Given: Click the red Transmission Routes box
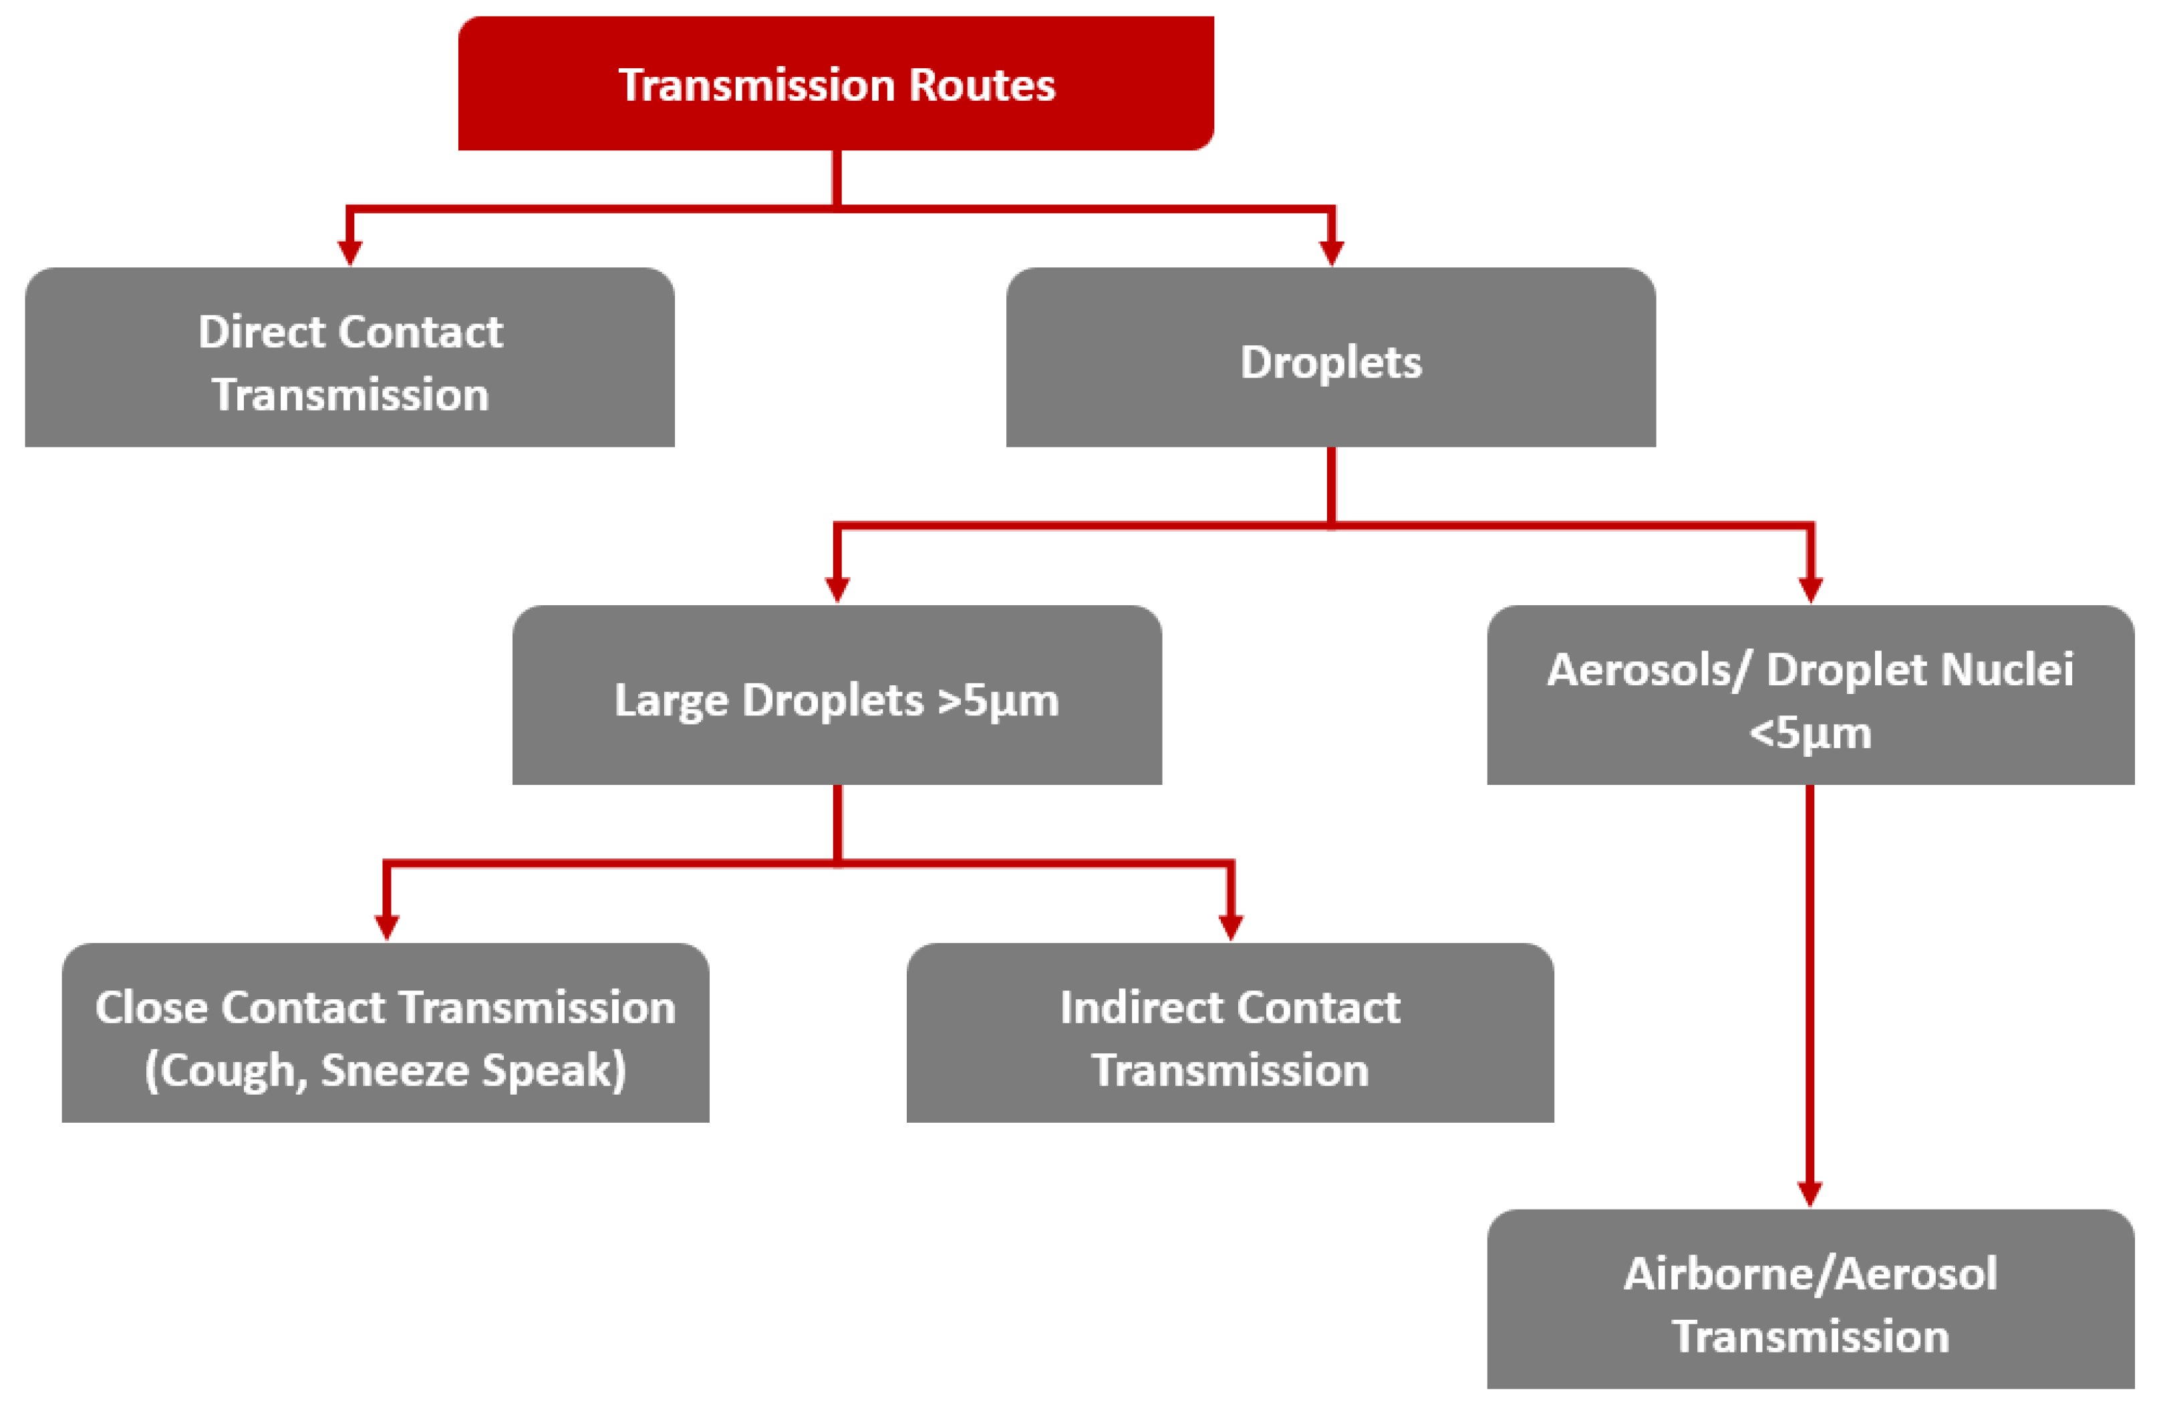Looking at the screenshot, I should tap(836, 83).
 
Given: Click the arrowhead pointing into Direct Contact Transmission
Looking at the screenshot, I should tap(350, 252).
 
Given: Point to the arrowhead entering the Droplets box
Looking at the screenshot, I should tap(1330, 252).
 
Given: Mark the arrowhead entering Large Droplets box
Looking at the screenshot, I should tap(837, 589).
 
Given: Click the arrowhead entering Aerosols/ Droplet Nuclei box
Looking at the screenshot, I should tap(1810, 589).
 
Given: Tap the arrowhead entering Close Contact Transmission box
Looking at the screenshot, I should tap(387, 927).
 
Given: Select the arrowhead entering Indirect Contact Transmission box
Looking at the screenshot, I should tap(1230, 927).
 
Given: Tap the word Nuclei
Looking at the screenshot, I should tap(2009, 670).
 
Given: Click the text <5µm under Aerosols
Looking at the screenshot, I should tap(1810, 732).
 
